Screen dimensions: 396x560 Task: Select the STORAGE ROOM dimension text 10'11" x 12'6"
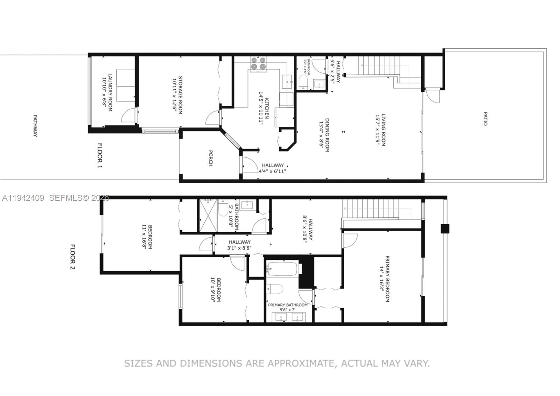pyautogui.click(x=174, y=95)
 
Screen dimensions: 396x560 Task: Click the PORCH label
pyautogui.click(x=210, y=158)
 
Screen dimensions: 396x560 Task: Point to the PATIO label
pyautogui.click(x=485, y=119)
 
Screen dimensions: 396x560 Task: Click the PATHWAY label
pyautogui.click(x=35, y=125)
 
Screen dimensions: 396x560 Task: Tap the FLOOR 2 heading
pyautogui.click(x=72, y=257)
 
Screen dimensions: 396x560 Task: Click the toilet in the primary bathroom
pyautogui.click(x=275, y=289)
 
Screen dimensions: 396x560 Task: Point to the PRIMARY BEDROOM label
pyautogui.click(x=387, y=279)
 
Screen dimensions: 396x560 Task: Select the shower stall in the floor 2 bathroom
pyautogui.click(x=208, y=216)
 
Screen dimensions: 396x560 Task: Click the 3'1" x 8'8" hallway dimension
pyautogui.click(x=240, y=248)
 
